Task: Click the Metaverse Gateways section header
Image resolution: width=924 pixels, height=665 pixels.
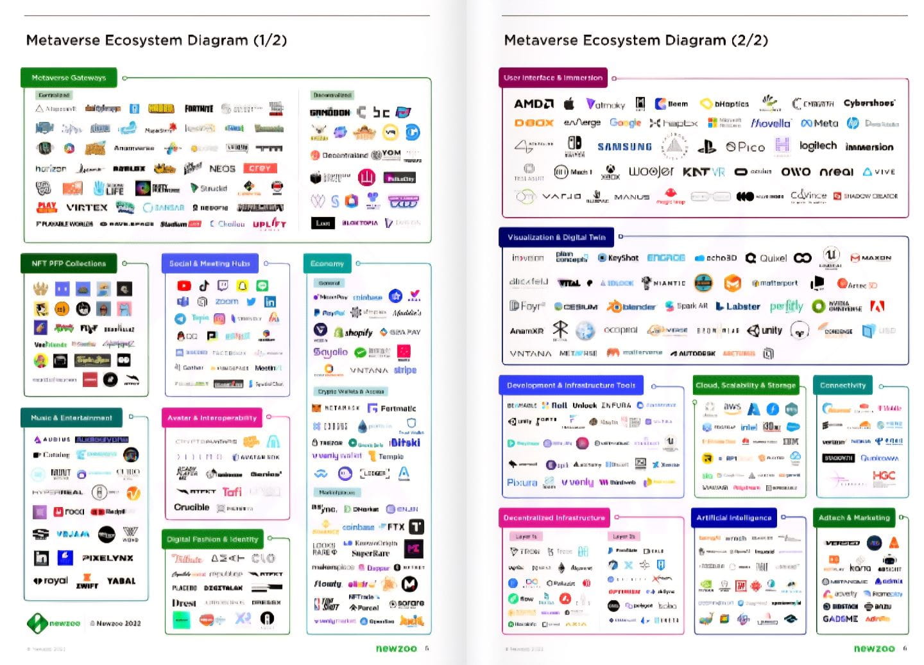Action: pos(69,78)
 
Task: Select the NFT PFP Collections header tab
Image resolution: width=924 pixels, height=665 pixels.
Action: pos(69,263)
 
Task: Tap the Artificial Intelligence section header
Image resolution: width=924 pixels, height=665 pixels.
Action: pos(733,518)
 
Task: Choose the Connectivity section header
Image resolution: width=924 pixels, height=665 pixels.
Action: pos(843,385)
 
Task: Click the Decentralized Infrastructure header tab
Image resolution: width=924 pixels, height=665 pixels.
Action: pos(554,518)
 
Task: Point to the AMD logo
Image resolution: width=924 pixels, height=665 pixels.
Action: pos(533,103)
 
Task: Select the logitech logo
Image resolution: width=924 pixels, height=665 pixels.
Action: pos(818,146)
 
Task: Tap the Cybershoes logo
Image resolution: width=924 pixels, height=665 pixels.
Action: pos(869,103)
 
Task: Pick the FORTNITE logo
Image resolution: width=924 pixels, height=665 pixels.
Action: pos(199,108)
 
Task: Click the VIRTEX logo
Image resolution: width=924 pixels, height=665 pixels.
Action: pos(87,207)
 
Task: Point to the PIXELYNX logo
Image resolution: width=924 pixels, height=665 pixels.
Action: pos(108,558)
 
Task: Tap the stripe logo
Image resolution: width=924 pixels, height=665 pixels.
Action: pos(405,370)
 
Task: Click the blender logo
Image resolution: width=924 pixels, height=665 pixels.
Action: pos(631,307)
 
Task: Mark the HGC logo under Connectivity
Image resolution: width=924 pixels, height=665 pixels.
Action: pos(884,476)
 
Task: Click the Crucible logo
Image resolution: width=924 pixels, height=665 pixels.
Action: pos(191,507)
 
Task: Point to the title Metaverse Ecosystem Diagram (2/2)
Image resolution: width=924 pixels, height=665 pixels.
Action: pos(635,40)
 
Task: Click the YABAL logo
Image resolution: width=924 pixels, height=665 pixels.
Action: pos(121,581)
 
